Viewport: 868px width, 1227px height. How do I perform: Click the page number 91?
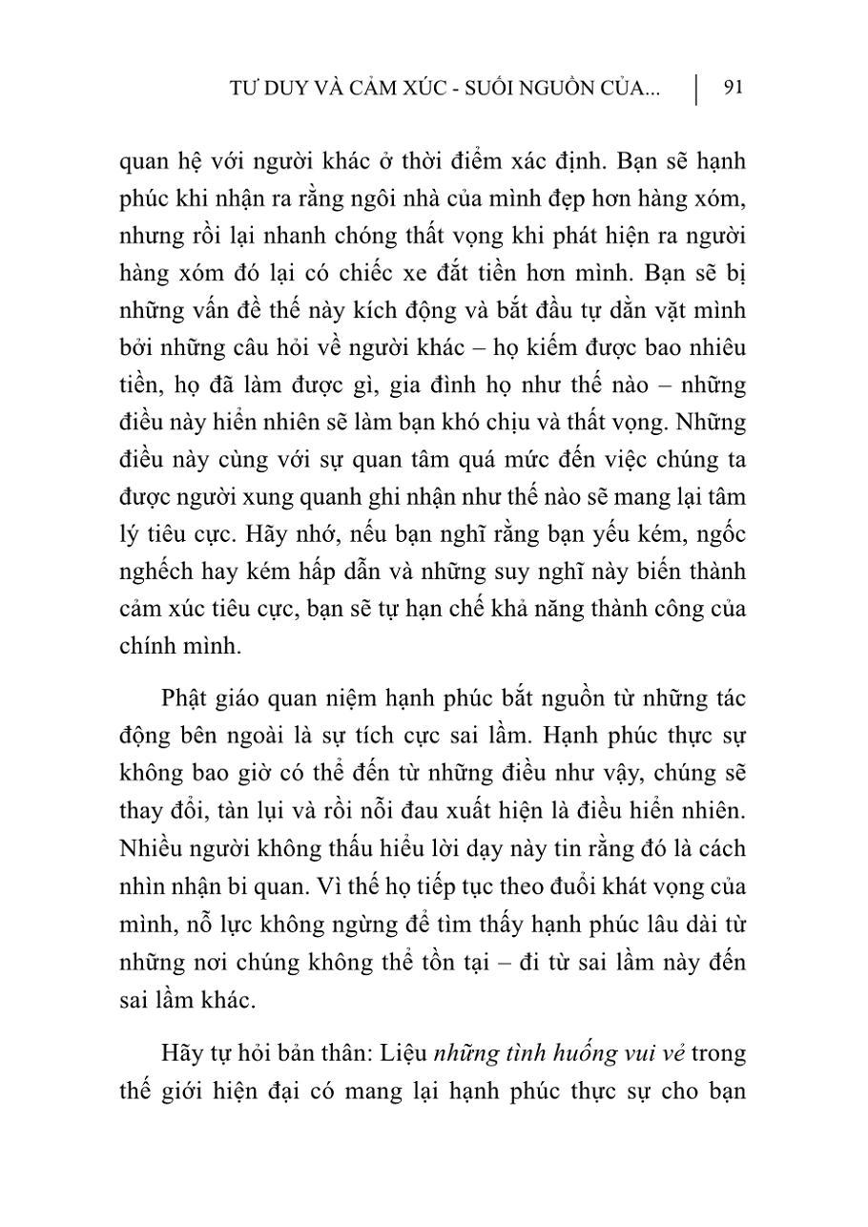tap(734, 88)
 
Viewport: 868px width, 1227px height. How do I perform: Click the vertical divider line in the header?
tap(696, 89)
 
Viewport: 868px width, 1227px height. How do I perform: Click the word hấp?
tap(327, 572)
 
